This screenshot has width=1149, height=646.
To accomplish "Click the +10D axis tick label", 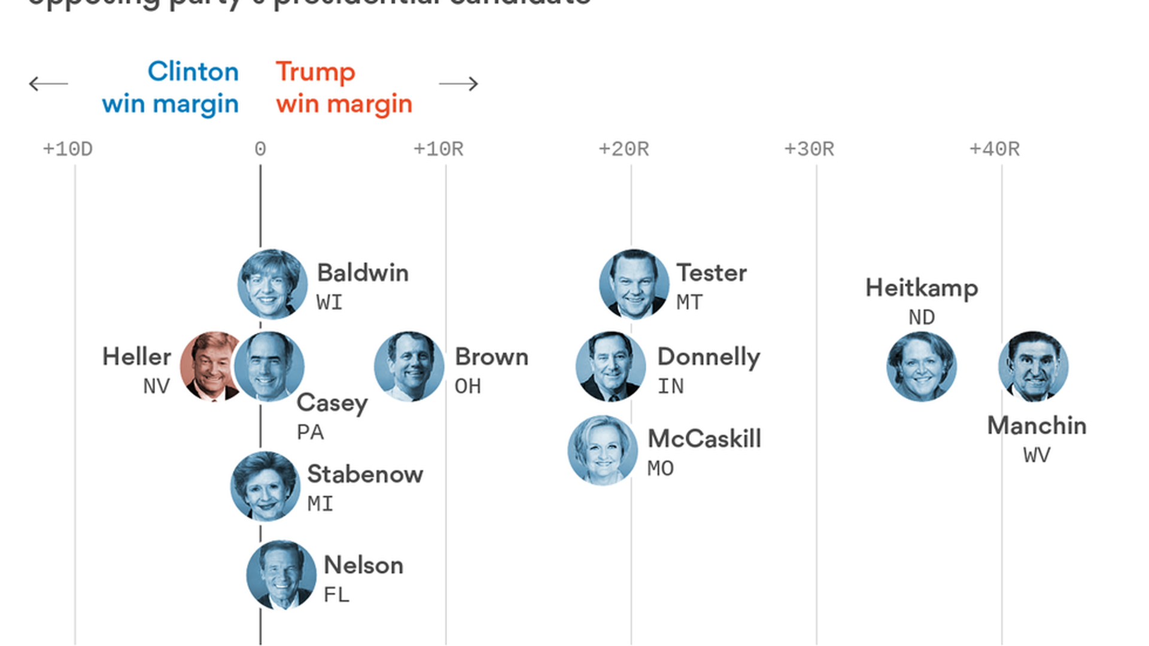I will pyautogui.click(x=68, y=149).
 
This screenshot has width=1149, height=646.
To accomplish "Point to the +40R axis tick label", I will pyautogui.click(x=994, y=149).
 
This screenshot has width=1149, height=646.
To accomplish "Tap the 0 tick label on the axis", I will pyautogui.click(x=260, y=149).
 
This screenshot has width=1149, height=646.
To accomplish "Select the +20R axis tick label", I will pyautogui.click(x=624, y=149).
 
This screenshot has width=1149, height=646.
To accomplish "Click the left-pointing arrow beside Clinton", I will pyautogui.click(x=48, y=84).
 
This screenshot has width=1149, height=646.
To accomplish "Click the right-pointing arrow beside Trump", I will pyautogui.click(x=458, y=84).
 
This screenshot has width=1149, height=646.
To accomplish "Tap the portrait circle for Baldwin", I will pyautogui.click(x=272, y=284).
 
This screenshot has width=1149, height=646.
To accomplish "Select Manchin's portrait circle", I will pyautogui.click(x=1034, y=366).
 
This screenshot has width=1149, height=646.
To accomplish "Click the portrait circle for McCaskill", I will pyautogui.click(x=603, y=450).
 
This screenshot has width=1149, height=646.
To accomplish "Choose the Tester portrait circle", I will pyautogui.click(x=634, y=284).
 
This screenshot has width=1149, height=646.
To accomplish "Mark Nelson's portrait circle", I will pyautogui.click(x=281, y=575).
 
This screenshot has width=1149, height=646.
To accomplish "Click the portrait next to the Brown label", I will pyautogui.click(x=409, y=366).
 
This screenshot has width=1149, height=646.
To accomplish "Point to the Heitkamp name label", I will pyautogui.click(x=922, y=288).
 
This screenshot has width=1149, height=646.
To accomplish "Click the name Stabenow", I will pyautogui.click(x=365, y=474).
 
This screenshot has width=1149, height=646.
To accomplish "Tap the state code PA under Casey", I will pyautogui.click(x=310, y=432).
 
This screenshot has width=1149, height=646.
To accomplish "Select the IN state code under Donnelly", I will pyautogui.click(x=670, y=386).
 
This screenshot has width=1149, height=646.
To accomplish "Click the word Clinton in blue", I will pyautogui.click(x=193, y=72).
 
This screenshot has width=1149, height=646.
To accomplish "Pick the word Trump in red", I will pyautogui.click(x=315, y=72).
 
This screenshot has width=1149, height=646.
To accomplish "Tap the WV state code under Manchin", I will pyautogui.click(x=1036, y=455).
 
